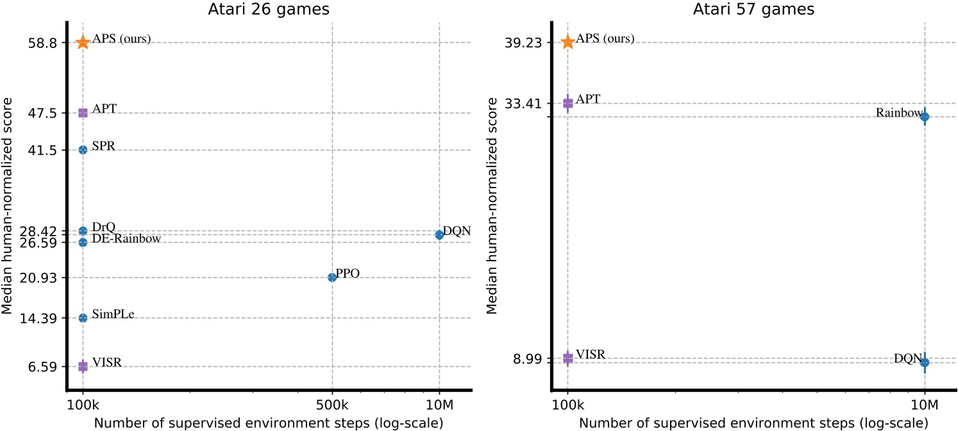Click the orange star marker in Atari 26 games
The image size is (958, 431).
[x=83, y=42]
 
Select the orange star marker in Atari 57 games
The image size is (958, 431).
[x=567, y=42]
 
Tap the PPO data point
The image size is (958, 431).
[x=332, y=277]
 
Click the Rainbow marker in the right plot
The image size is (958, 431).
[x=924, y=117]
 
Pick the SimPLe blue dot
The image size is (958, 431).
[x=83, y=318]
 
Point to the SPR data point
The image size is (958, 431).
[x=83, y=150]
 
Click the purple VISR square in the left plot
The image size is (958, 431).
[x=83, y=366]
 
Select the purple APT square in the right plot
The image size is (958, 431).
[x=567, y=102]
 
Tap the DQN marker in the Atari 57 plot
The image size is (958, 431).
[x=924, y=362]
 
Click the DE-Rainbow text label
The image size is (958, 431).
[x=126, y=239]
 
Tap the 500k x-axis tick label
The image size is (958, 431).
[x=332, y=405]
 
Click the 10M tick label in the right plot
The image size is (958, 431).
[x=924, y=405]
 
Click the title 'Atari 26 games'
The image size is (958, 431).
[x=269, y=9]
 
